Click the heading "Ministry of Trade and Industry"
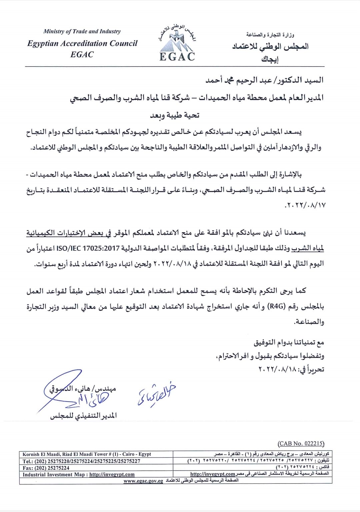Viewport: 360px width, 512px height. pyautogui.click(x=82, y=31)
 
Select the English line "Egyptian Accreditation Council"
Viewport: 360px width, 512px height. pyautogui.click(x=82, y=43)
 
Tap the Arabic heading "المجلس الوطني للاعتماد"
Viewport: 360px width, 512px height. pyautogui.click(x=270, y=46)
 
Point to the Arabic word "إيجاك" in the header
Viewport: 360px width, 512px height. pyautogui.click(x=270, y=59)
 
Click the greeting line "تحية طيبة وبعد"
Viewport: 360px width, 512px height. pyautogui.click(x=174, y=115)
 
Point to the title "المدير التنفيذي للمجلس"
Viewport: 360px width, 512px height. pyautogui.click(x=83, y=416)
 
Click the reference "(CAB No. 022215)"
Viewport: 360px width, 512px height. pyautogui.click(x=301, y=443)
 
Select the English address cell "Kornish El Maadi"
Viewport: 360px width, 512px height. pyautogui.click(x=87, y=454)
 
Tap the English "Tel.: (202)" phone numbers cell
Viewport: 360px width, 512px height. pyautogui.click(x=81, y=461)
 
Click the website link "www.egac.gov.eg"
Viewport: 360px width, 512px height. pyautogui.click(x=143, y=481)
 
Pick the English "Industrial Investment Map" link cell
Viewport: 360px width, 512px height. pyautogui.click(x=79, y=474)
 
